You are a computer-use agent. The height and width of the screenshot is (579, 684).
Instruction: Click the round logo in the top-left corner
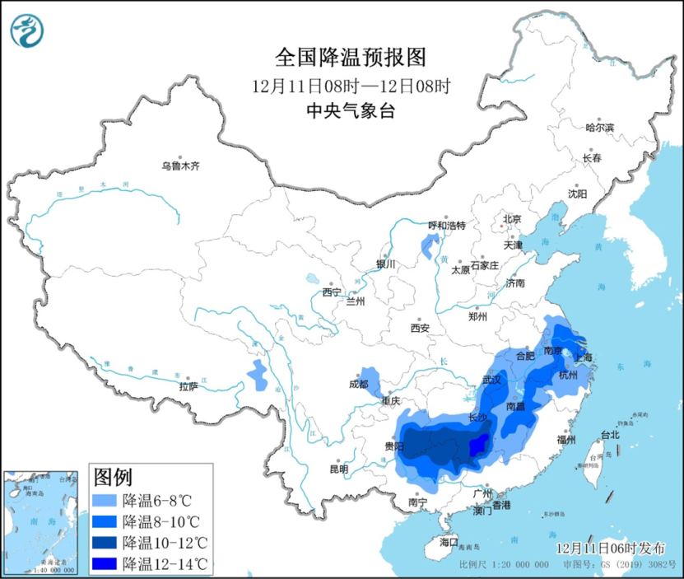(x=27, y=30)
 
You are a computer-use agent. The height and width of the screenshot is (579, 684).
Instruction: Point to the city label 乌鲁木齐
(x=180, y=166)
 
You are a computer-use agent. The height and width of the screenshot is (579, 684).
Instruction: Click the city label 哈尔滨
(x=599, y=128)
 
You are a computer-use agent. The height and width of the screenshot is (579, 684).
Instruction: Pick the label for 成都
(x=358, y=383)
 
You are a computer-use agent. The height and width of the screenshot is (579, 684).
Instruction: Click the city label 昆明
(x=338, y=469)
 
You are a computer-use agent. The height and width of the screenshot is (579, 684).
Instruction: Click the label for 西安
(x=420, y=328)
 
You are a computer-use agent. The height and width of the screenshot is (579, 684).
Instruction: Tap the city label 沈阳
(x=577, y=194)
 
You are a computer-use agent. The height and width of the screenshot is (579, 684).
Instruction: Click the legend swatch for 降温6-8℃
(x=105, y=500)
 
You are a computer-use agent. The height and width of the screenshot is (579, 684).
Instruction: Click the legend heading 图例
(x=113, y=477)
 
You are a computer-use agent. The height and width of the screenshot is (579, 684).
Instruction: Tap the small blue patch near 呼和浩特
(x=429, y=245)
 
